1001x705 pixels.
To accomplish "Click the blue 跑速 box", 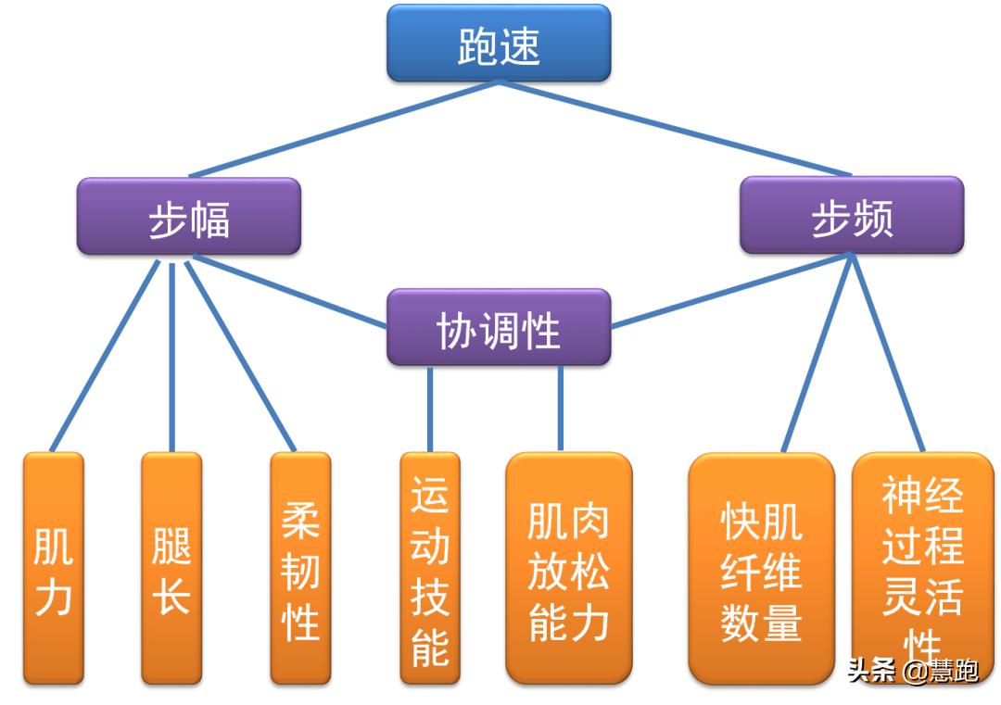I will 499,43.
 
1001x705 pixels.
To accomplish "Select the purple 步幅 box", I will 189,217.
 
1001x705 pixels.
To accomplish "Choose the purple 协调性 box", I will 499,327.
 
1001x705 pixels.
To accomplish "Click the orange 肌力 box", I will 53,568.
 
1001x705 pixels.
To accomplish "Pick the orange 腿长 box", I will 171,568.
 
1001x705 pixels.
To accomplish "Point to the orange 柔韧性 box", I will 300,568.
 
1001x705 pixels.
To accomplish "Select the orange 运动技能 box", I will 429,568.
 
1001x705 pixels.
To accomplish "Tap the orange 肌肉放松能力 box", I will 568,568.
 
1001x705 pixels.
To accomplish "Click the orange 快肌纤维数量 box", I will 761,568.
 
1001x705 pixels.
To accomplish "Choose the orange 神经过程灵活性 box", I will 921,568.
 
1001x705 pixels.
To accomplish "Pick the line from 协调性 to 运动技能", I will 430,409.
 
